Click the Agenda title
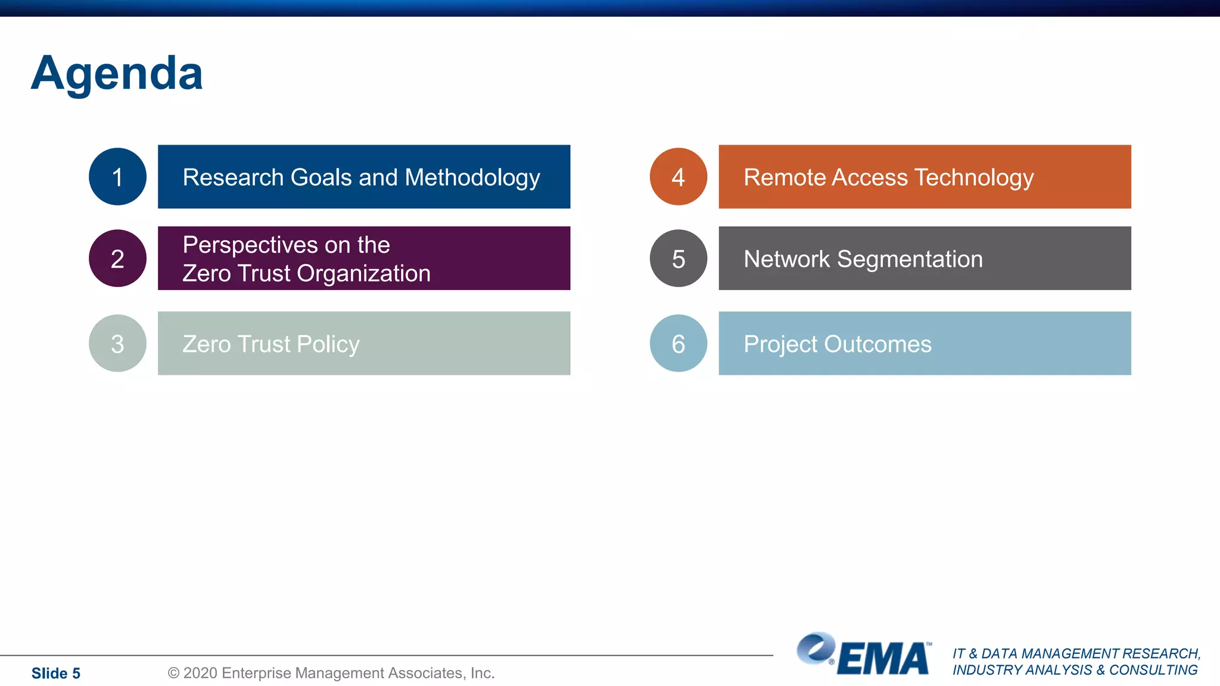coord(117,73)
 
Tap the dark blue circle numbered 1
coord(117,177)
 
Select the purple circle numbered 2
coord(117,258)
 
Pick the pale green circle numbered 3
coord(117,344)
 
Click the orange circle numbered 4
coord(678,177)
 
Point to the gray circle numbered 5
coord(678,258)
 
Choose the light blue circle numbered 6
coord(678,344)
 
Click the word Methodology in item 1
coord(472,178)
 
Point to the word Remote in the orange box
coord(784,177)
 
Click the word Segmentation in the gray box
coord(910,260)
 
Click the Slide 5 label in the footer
coord(55,673)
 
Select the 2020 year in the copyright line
coord(200,673)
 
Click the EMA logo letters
coord(883,659)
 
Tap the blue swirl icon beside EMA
coord(816,648)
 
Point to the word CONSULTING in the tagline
coord(1153,670)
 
